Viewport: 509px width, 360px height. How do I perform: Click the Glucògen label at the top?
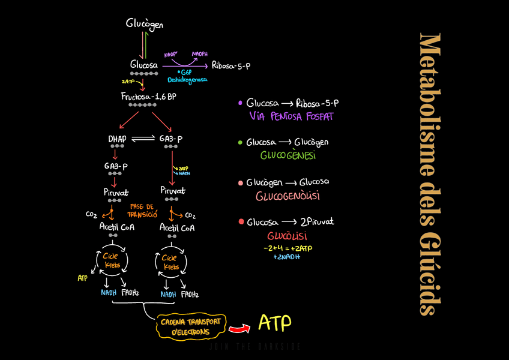pos(144,24)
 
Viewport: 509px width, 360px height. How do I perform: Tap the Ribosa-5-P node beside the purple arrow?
pos(230,65)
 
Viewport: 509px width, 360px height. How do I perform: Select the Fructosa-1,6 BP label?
pos(148,96)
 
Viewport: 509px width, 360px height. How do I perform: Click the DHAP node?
pos(117,139)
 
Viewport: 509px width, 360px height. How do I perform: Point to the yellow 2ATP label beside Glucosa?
pos(128,82)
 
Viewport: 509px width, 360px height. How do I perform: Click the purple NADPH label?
pos(200,54)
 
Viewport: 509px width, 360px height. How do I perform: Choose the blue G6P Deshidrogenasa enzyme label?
pos(187,76)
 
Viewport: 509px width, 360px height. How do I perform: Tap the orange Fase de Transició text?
pos(142,211)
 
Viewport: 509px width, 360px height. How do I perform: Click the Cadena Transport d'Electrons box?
pos(191,326)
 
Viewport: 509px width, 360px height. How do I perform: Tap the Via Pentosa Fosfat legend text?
pos(291,116)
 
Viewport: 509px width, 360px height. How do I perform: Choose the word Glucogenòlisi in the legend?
pos(288,196)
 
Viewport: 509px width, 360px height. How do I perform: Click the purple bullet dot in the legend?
pos(241,103)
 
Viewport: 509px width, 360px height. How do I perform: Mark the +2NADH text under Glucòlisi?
pos(286,257)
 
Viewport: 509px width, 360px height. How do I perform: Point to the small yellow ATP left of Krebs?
pos(82,278)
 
